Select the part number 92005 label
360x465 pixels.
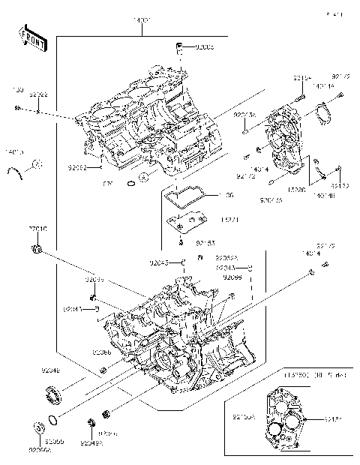203,46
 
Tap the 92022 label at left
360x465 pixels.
38,94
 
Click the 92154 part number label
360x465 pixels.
301,77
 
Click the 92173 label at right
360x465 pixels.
339,185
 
